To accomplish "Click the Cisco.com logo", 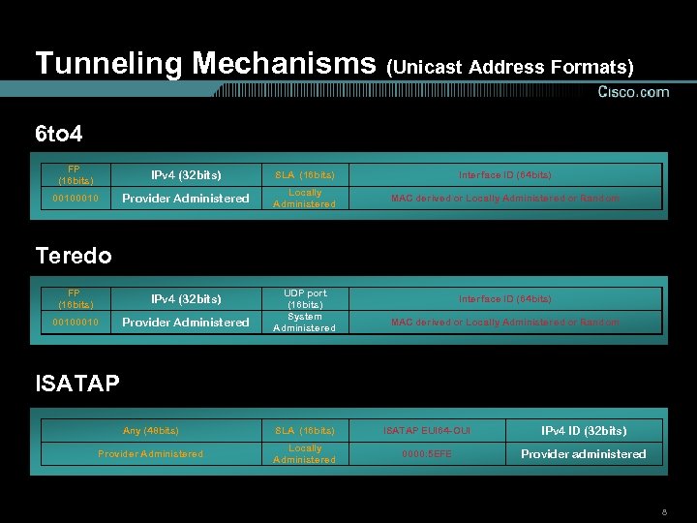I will (633, 92).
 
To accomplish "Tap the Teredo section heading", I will (74, 256).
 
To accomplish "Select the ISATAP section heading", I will (77, 384).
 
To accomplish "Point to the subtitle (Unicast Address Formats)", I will (510, 67).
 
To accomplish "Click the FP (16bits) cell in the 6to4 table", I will (76, 175).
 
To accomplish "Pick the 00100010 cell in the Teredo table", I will (76, 323).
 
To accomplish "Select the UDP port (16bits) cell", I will (305, 298).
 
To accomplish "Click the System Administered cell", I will (305, 322).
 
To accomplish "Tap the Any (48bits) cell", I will (151, 431).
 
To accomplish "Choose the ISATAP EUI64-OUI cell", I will (427, 431).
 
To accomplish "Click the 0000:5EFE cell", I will (427, 454).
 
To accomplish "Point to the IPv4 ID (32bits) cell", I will (584, 431).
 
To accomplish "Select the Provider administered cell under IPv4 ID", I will (584, 454).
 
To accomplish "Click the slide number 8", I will (664, 510).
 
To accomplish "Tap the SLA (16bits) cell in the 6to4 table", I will (305, 175).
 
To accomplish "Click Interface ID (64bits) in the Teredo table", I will (504, 299).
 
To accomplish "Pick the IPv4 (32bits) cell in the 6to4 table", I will (186, 175).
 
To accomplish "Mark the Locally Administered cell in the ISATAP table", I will (305, 454).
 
